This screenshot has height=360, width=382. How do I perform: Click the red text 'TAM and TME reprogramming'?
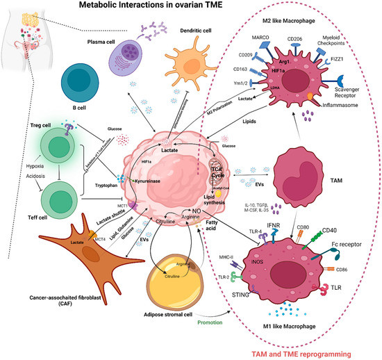coord(315,351)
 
